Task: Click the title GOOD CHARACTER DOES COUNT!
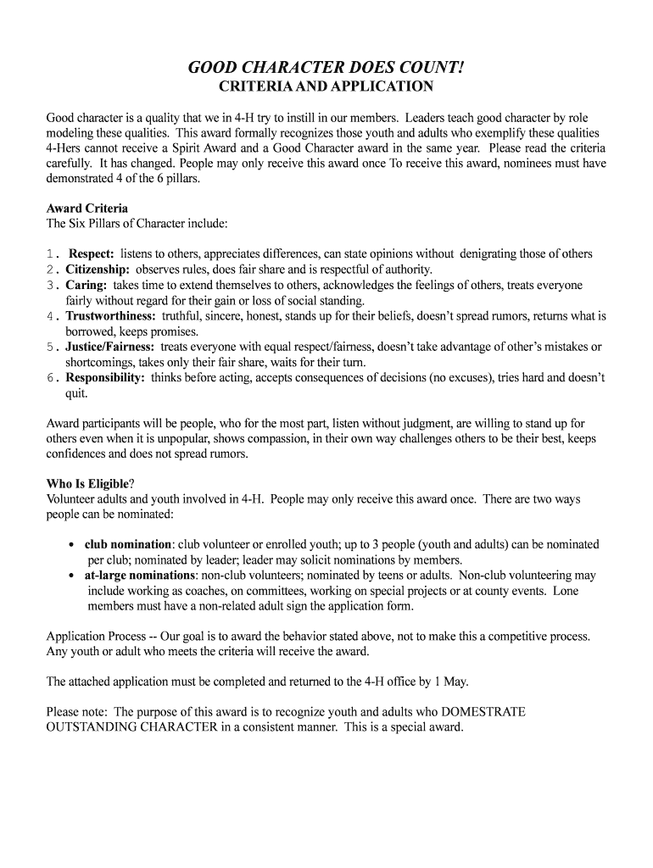coord(326,67)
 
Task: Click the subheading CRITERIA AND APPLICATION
coord(326,86)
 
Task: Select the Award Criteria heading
coord(87,208)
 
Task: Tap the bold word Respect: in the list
coord(92,253)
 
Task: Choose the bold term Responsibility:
coord(105,378)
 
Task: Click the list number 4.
coord(51,316)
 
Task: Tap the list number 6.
coord(51,378)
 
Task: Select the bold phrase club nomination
coord(128,544)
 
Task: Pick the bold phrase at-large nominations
coord(140,575)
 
